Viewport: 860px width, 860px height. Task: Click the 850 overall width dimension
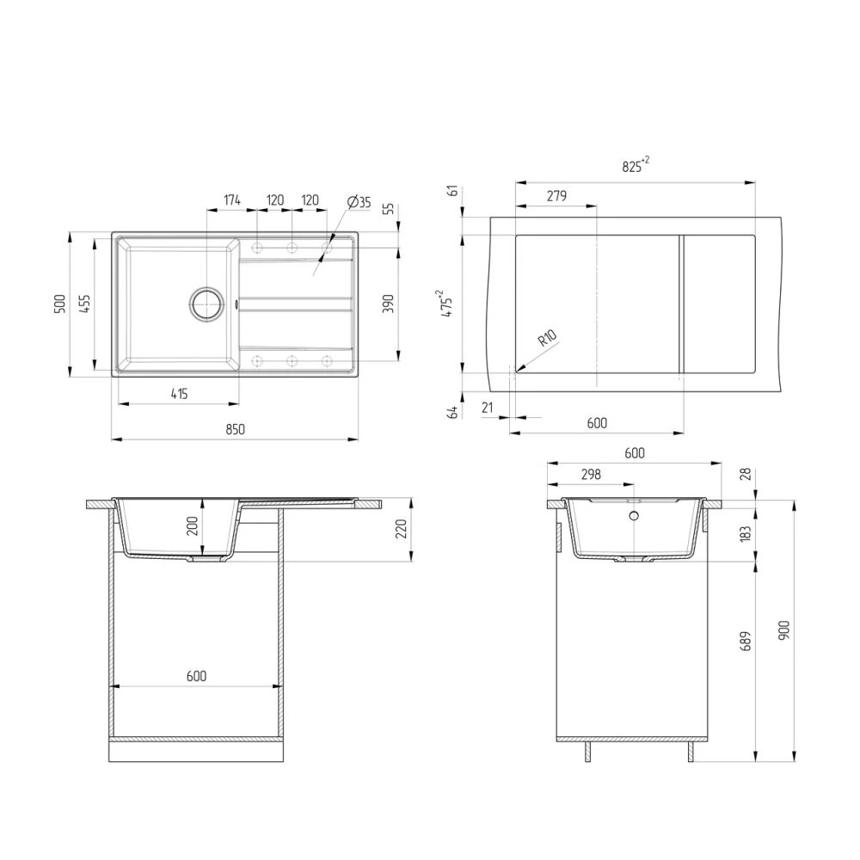tap(235, 429)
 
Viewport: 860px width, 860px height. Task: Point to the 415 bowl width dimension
tap(178, 394)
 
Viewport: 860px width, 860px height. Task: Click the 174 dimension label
tap(232, 200)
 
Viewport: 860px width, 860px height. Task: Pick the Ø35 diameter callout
tap(359, 202)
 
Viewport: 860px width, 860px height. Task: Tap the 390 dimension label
tap(388, 304)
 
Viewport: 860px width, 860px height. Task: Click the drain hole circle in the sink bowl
tap(206, 304)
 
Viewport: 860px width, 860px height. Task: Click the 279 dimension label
tap(556, 196)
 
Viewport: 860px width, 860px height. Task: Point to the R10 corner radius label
tap(546, 339)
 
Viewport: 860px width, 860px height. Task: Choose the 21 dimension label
tap(488, 408)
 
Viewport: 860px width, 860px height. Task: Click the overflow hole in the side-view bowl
tap(634, 516)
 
